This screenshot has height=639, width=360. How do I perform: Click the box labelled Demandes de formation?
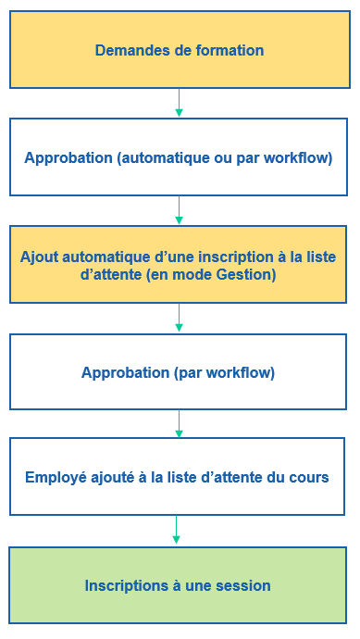point(179,50)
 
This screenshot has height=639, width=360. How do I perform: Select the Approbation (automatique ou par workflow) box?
point(179,157)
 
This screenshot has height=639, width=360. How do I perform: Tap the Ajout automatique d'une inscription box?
point(179,264)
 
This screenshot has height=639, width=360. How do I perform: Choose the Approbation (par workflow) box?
point(179,372)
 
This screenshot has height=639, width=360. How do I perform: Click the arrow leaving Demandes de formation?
point(179,103)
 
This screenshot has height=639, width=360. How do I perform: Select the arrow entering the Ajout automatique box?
point(179,211)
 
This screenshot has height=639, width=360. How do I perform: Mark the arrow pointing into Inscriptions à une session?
point(176,531)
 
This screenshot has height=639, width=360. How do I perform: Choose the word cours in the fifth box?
point(310,477)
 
